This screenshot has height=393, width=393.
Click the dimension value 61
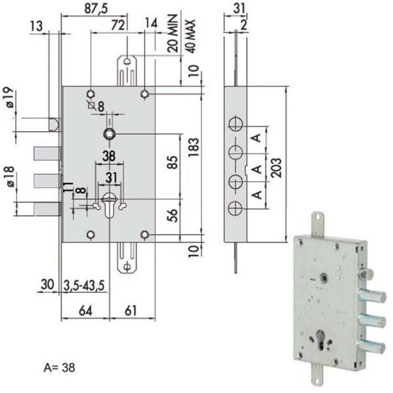(131, 310)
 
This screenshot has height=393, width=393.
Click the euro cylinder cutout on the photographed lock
(321, 341)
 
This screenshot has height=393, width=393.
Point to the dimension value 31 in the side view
(239, 8)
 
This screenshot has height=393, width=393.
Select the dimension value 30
(47, 285)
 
